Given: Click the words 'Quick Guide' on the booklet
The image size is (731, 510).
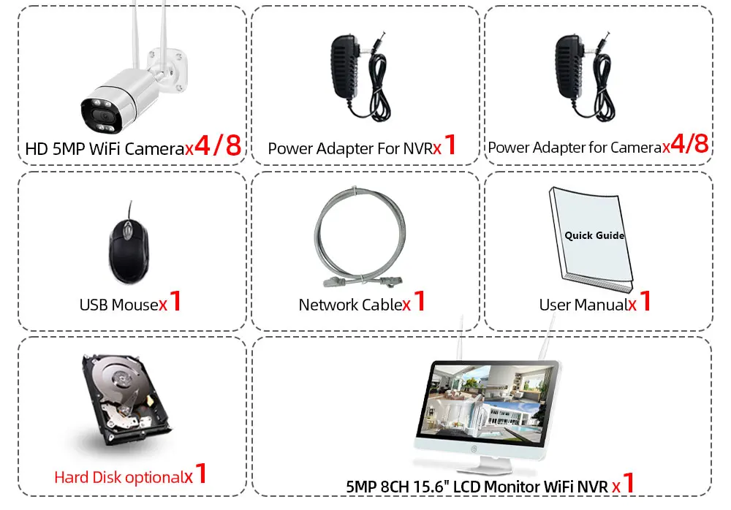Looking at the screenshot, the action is coord(594,235).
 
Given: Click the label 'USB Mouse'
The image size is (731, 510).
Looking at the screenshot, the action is coord(118,304).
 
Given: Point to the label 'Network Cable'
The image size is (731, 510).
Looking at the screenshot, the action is coord(350,305).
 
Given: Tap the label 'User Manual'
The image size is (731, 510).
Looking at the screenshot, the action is coord(583,305).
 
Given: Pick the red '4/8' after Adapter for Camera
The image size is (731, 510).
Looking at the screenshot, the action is coord(689,145).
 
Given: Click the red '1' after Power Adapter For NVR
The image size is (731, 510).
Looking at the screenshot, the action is coord(450,145).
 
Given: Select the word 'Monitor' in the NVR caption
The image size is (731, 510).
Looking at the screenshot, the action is coord(506,484).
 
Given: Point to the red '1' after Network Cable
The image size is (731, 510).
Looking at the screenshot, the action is coord(420,301).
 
